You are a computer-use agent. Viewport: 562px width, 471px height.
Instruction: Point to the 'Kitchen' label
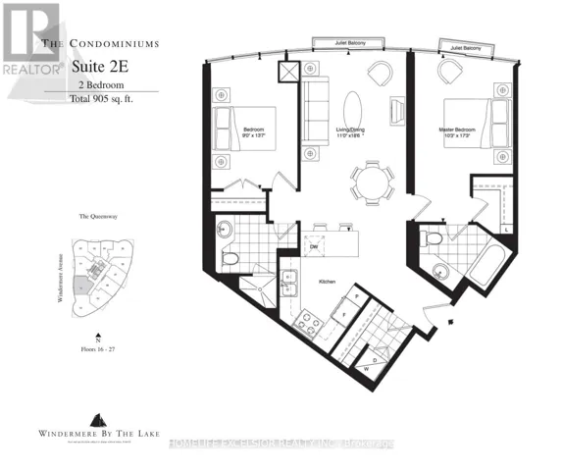[x=327, y=281]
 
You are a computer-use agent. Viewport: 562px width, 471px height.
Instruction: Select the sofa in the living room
[x=315, y=110]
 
